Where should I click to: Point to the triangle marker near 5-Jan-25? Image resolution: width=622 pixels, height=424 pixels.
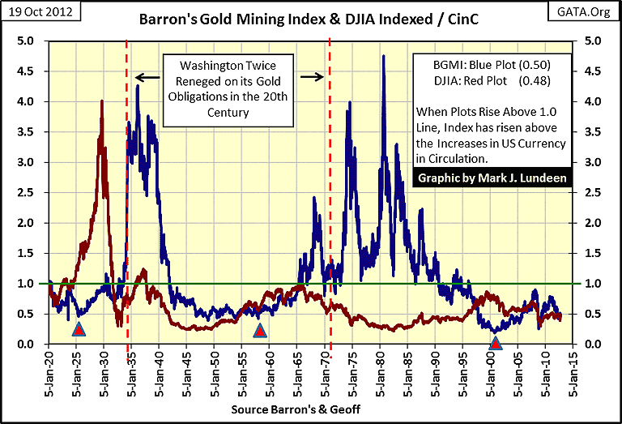[78, 329]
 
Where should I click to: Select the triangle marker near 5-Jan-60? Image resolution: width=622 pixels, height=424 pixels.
[259, 330]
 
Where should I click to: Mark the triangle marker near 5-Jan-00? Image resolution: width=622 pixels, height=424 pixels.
[495, 343]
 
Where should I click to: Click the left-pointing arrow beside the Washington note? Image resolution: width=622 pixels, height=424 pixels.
[146, 78]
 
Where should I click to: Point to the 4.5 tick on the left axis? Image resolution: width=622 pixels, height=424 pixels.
[25, 71]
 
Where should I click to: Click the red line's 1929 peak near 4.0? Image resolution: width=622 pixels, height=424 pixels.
[101, 101]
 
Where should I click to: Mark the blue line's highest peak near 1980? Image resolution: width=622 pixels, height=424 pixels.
[382, 56]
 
